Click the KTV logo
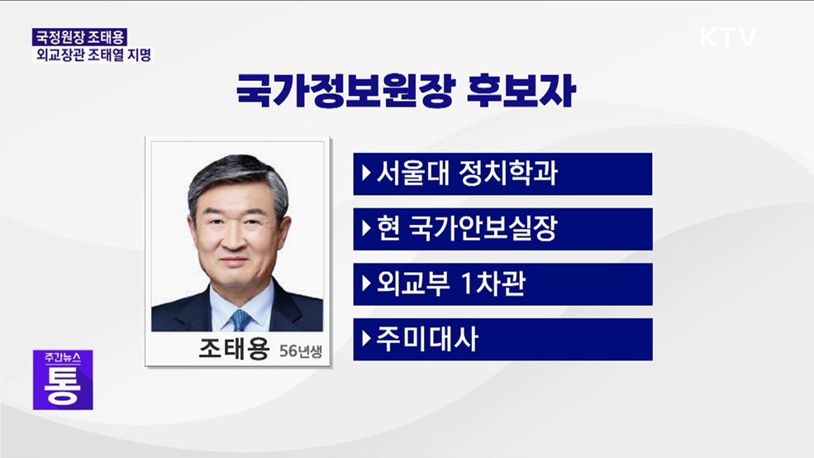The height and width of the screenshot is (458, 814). click(728, 37)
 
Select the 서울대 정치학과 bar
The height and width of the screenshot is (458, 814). click(502, 174)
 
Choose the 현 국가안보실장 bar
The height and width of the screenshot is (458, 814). click(502, 229)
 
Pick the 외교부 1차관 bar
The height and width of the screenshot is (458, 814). click(502, 284)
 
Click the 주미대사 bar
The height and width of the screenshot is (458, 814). click(502, 340)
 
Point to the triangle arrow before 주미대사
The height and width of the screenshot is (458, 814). click(366, 340)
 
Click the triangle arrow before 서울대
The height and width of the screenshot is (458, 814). click(366, 174)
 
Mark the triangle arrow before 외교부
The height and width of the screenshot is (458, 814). click(366, 284)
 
